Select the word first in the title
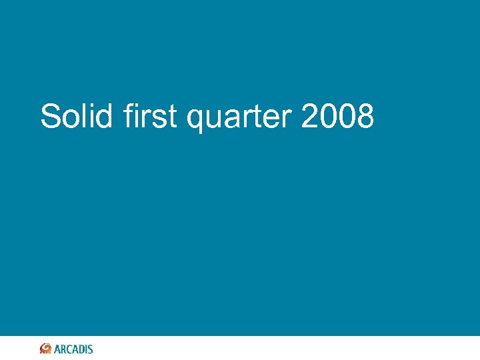[150, 117]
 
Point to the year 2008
[337, 117]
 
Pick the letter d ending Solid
[105, 117]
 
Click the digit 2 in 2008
[311, 117]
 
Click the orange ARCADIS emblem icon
[46, 349]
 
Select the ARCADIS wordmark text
[73, 349]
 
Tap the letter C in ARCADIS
[69, 349]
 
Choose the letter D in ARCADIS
[81, 349]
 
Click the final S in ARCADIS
[91, 349]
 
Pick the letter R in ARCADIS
[63, 349]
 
